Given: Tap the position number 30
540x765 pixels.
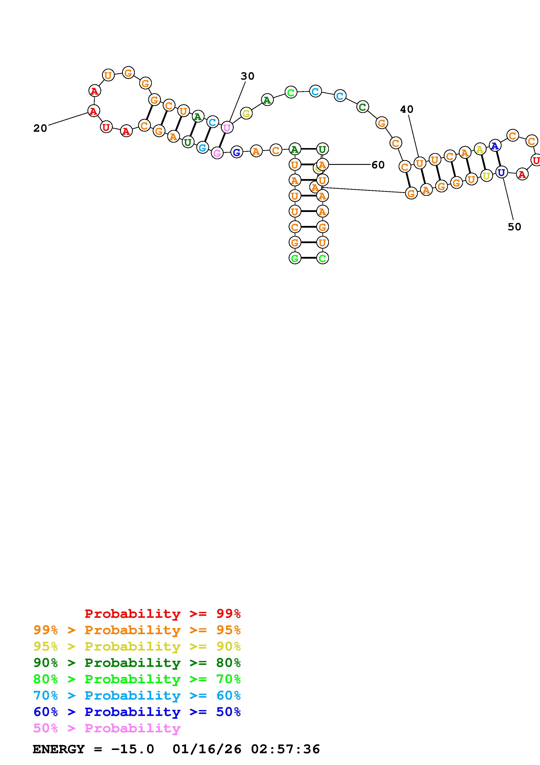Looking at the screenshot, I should pos(247,76).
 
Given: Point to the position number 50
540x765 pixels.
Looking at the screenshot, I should pos(514,227).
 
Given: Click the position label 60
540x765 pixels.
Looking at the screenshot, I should pos(378,165).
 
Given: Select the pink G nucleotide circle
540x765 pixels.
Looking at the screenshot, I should pos(217,153).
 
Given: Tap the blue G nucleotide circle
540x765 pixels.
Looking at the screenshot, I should pos(237,152).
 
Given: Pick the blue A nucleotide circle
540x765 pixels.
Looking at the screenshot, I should pos(495,146).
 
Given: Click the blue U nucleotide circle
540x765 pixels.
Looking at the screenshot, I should pos(501,172).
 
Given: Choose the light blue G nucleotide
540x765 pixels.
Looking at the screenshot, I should pos(202,147).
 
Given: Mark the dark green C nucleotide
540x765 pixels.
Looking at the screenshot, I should pos(362,107).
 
